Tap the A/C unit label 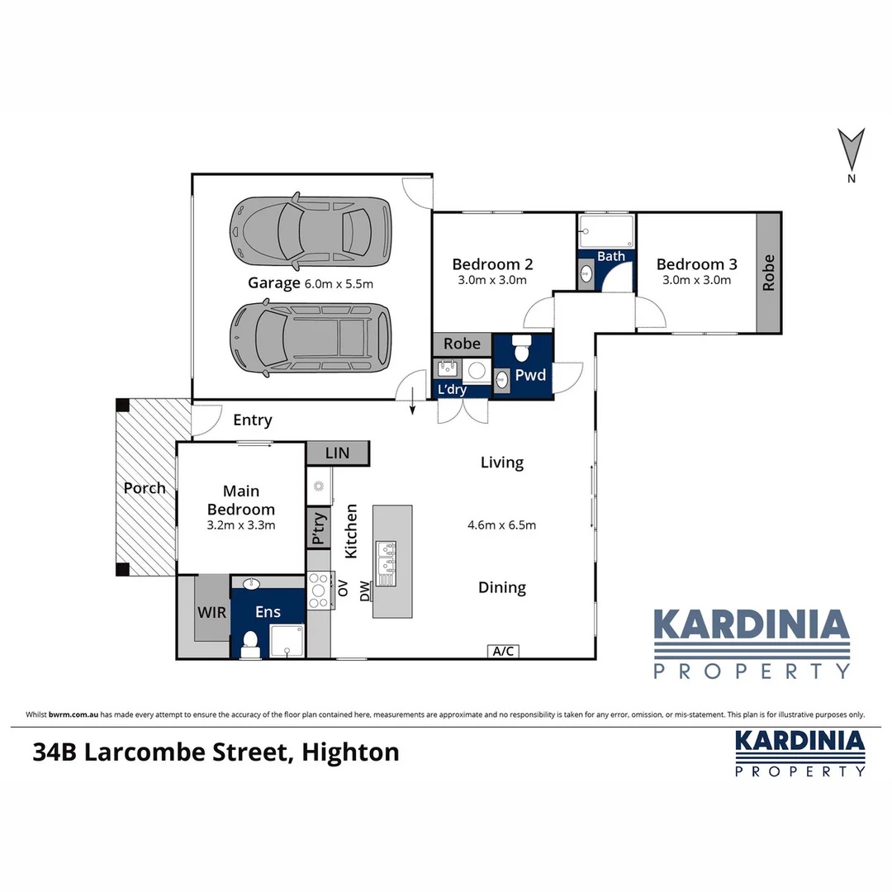point(504,651)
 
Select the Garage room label point(274,283)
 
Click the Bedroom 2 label point(492,264)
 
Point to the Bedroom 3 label point(696,264)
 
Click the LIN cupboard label point(337,453)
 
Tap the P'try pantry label point(318,529)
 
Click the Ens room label point(268,612)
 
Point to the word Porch point(145,488)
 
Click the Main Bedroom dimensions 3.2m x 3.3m point(241,525)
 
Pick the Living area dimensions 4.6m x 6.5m point(503,524)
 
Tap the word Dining point(502,587)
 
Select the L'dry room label point(451,389)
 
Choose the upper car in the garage point(310,232)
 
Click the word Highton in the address point(350,752)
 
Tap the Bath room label point(611,256)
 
